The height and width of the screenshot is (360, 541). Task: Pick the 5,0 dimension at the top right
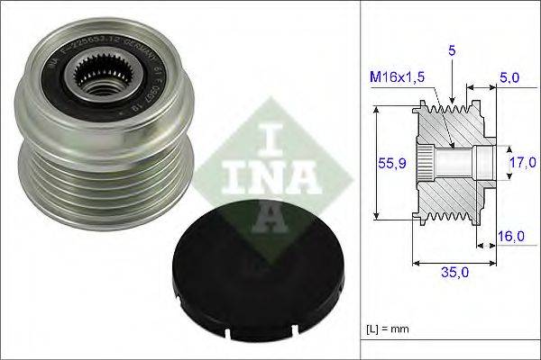509,79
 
